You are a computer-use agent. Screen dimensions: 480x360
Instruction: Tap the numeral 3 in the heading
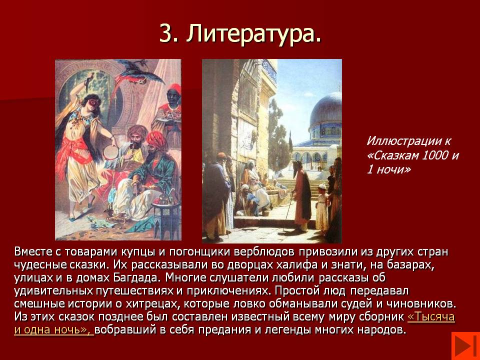165,33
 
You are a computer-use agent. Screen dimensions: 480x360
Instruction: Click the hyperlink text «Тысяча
431,317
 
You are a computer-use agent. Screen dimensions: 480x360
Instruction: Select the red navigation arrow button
465,346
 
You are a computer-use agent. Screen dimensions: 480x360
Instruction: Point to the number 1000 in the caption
435,155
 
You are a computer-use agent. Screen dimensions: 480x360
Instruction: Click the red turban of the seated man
156,139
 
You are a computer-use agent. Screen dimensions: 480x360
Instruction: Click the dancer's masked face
91,104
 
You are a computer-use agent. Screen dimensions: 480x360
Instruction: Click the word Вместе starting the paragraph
33,251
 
